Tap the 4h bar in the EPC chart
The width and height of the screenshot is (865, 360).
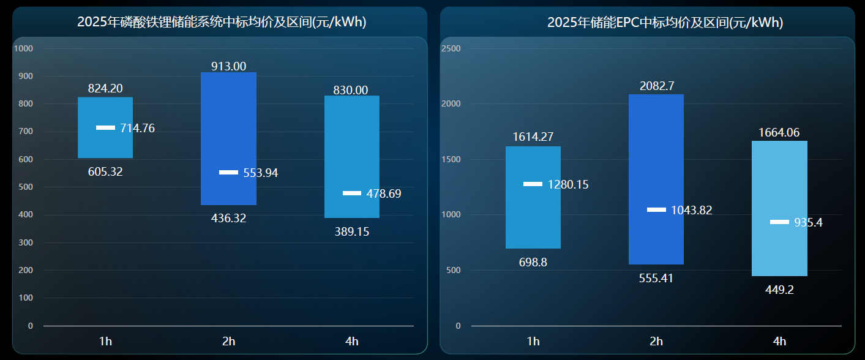pos(779,184)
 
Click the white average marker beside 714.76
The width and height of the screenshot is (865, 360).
pos(105,128)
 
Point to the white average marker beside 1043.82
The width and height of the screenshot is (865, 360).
pos(656,210)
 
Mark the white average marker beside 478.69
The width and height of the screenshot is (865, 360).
pos(352,193)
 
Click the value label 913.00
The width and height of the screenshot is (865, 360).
pos(228,66)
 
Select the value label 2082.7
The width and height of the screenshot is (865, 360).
pos(656,86)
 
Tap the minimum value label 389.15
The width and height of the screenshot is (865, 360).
pos(352,232)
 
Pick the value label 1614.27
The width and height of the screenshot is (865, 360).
pos(533,137)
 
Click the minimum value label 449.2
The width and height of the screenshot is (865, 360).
pos(779,290)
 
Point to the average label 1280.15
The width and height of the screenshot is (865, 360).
pos(568,185)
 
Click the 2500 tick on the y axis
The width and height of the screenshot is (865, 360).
pos(452,48)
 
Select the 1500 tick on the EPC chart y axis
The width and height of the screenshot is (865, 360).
pos(452,159)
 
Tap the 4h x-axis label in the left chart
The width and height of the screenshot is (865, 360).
pos(352,341)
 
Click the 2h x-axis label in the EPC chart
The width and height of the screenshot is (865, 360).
pos(656,341)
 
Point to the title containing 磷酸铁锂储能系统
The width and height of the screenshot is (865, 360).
pos(222,23)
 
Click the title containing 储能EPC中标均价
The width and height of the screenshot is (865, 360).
pos(665,23)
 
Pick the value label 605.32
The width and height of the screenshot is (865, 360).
pos(105,172)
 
